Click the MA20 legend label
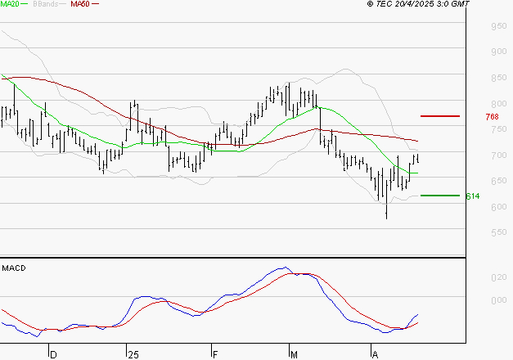click(11, 4)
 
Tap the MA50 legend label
click(79, 4)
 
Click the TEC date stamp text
click(418, 4)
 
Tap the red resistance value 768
click(492, 117)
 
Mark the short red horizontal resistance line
click(439, 116)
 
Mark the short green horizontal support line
click(439, 196)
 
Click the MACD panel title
click(14, 268)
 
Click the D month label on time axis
click(52, 354)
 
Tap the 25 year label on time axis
click(133, 354)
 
